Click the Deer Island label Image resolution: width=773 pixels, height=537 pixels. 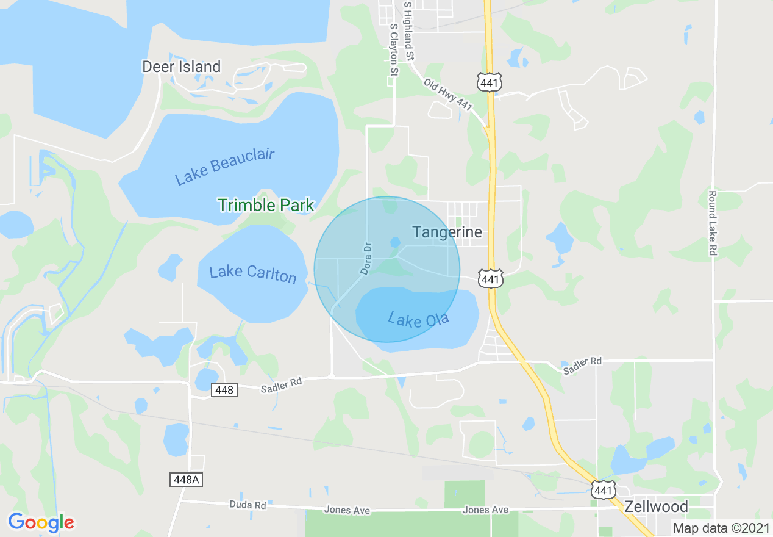coord(181,67)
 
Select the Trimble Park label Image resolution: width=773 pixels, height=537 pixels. coord(266,205)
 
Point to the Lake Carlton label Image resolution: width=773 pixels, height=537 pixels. coord(252,273)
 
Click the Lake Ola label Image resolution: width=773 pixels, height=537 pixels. coord(418,319)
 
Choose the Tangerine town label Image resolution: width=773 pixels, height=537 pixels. coord(447,232)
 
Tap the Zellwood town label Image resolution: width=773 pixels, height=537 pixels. coord(656,506)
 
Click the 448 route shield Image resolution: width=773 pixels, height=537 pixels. coord(224,389)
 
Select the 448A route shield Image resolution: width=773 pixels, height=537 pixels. coord(185,480)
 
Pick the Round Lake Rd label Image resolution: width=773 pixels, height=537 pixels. coord(711,223)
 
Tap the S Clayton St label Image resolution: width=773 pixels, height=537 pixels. coord(394,50)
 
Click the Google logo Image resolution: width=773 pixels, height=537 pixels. coord(41,522)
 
